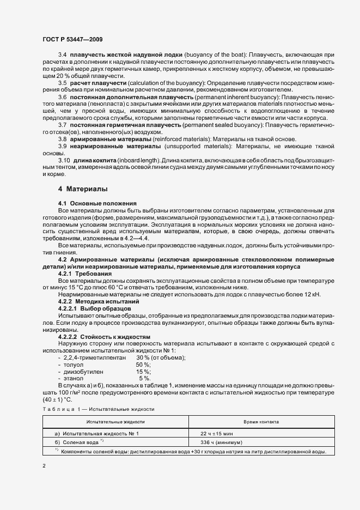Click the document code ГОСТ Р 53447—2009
click(x=72, y=40)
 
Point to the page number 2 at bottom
click(x=44, y=466)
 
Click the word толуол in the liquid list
click(x=75, y=365)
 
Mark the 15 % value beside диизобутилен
click(x=143, y=371)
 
